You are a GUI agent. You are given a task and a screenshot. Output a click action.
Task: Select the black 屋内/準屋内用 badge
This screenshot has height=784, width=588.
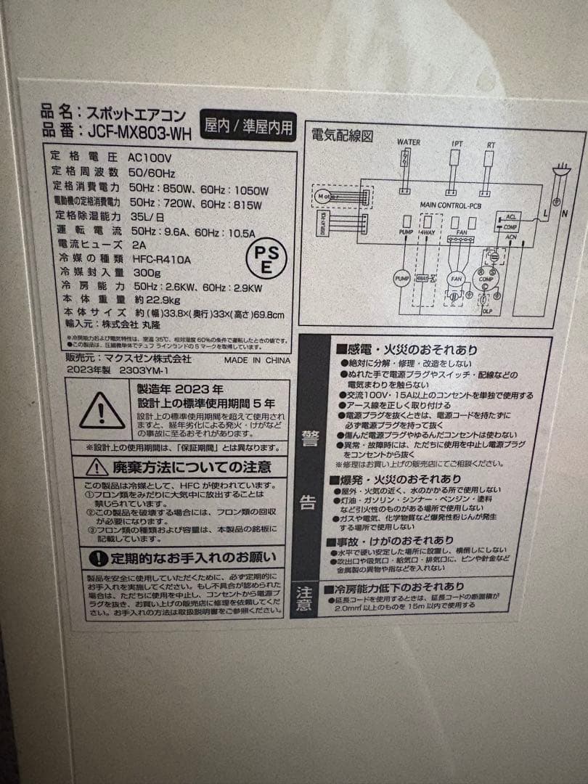click(x=249, y=127)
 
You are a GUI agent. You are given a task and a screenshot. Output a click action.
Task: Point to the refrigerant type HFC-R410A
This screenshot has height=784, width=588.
click(x=160, y=258)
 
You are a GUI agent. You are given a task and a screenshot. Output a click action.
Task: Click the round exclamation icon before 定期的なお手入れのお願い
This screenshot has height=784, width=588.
click(x=98, y=558)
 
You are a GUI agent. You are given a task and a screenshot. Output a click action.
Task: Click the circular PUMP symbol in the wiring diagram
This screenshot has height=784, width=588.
click(x=402, y=278)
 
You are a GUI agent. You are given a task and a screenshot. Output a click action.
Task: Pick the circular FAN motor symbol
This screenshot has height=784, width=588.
click(x=456, y=279)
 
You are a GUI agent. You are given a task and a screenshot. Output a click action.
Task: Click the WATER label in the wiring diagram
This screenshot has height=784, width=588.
click(x=408, y=142)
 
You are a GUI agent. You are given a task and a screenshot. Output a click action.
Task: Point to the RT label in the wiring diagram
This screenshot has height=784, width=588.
click(x=491, y=145)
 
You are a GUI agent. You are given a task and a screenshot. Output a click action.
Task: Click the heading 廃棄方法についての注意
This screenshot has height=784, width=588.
click(x=191, y=467)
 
